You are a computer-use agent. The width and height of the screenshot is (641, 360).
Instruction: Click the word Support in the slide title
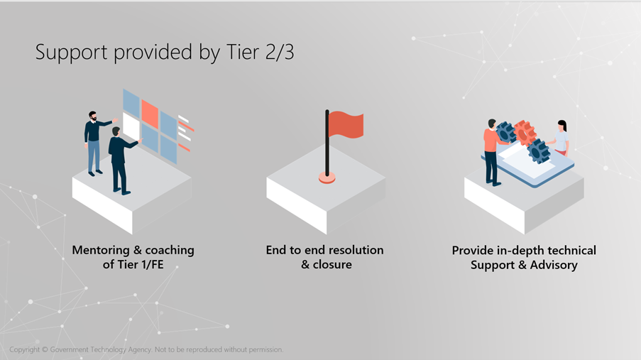tap(72, 53)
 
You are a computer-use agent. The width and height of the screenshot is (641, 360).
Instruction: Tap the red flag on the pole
tap(346, 124)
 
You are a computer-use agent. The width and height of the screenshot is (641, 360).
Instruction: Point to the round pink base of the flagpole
tap(327, 178)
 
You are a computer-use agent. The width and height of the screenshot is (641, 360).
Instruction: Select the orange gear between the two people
tap(525, 133)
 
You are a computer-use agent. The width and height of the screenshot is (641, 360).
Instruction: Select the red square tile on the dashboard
tap(150, 114)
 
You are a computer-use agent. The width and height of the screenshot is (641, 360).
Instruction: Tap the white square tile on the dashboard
tap(131, 126)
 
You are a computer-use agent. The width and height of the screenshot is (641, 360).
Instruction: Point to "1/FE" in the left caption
tap(152, 264)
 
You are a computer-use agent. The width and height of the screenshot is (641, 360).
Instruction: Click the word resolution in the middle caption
tap(356, 249)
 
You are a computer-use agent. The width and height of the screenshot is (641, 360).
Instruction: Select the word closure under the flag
tap(332, 264)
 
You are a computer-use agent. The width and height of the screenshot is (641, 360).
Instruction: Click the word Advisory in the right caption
tap(554, 265)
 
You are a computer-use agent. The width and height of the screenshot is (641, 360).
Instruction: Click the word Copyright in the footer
tap(25, 350)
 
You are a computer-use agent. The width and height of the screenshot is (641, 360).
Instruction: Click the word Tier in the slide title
tap(243, 53)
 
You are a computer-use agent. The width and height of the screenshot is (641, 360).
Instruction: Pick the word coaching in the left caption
tap(170, 251)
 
